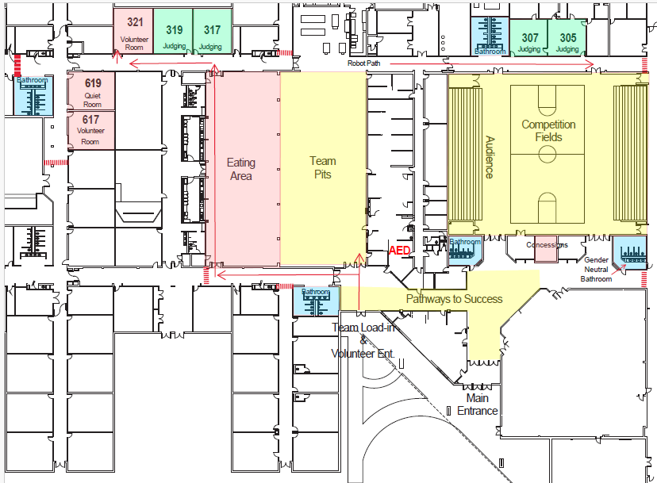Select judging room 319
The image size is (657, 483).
click(x=174, y=33)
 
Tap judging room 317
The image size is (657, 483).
click(x=212, y=33)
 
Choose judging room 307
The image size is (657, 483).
click(x=529, y=40)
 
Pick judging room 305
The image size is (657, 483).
click(x=567, y=40)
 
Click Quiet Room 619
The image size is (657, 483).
click(x=92, y=90)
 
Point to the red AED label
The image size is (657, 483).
click(x=399, y=250)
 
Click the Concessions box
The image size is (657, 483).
click(x=546, y=246)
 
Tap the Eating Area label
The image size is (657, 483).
click(x=241, y=169)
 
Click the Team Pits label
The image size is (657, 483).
click(x=322, y=167)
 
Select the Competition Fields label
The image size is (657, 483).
click(x=548, y=131)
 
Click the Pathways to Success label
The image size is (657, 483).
click(x=454, y=299)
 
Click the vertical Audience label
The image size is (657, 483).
click(x=490, y=156)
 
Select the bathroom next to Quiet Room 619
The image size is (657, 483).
click(x=33, y=94)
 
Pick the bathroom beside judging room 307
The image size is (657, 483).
click(x=490, y=35)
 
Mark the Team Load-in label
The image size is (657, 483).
click(x=363, y=328)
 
